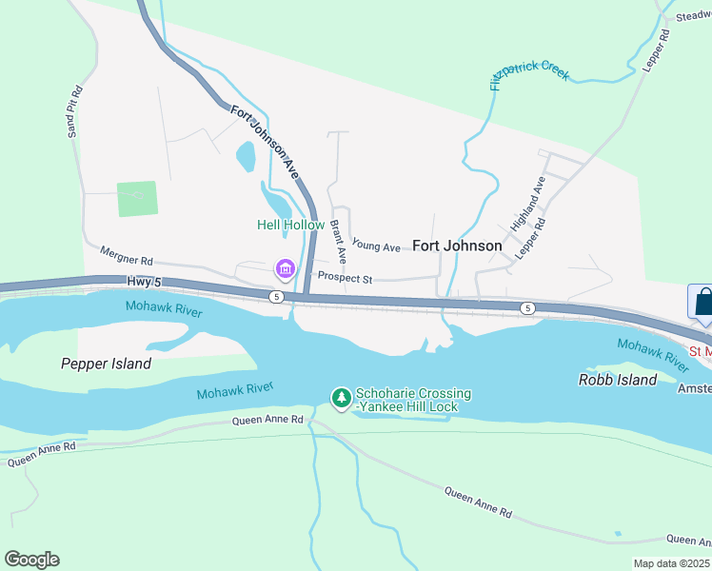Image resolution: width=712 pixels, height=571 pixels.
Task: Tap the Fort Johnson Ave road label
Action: point(266,143)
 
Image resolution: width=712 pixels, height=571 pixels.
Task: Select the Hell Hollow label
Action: point(290,225)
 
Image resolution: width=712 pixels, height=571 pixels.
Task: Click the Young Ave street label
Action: point(376,246)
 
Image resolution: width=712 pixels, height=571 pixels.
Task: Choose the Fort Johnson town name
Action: point(456,246)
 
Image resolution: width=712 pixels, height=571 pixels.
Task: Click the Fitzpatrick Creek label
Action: point(529,75)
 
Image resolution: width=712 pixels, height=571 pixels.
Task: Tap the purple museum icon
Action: point(285,270)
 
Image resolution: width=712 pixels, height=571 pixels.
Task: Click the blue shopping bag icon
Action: point(702,303)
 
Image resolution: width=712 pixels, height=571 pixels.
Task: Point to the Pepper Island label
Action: point(106,364)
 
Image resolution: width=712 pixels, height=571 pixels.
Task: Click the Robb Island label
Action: point(618,380)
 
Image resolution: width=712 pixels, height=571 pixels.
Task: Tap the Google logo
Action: point(31,560)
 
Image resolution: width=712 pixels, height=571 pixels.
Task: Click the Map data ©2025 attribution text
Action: point(671,563)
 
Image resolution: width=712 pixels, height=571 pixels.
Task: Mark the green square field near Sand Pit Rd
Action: point(137,199)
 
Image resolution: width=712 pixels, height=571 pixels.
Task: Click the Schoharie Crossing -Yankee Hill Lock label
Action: point(413,401)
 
